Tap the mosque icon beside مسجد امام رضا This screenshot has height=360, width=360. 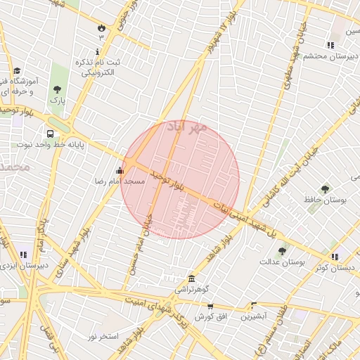click(120, 169)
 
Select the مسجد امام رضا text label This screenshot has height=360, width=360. click(120, 181)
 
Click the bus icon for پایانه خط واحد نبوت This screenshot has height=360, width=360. click(50, 134)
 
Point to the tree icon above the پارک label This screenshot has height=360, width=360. click(57, 89)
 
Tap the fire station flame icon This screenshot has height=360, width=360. click(101, 28)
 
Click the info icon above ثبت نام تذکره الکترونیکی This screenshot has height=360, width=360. click(96, 52)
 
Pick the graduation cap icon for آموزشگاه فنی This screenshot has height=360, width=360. click(17, 71)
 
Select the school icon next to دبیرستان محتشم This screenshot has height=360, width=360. click(330, 46)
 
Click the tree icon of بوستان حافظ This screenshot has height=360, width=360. click(325, 189)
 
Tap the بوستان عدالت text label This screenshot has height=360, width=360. click(300, 262)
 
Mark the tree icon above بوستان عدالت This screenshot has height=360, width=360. click(282, 251)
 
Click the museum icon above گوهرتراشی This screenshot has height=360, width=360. click(192, 278)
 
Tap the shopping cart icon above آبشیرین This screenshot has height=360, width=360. click(254, 305)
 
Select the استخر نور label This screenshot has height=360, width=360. click(103, 337)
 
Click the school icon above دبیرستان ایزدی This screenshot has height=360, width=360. click(23, 255)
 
